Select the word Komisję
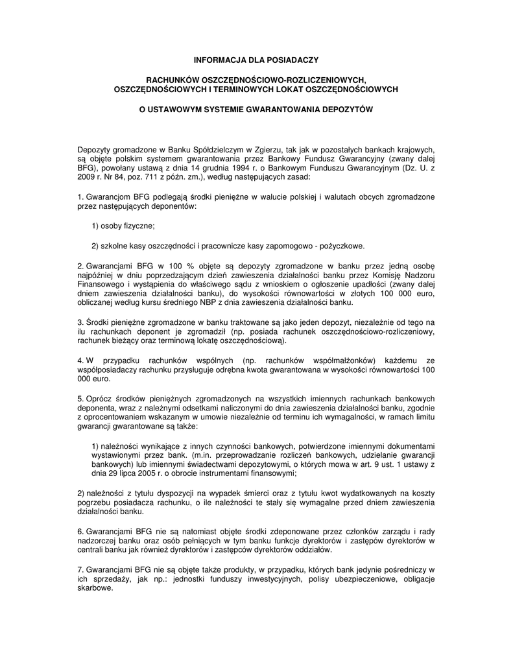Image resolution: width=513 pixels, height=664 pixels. [x=386, y=275]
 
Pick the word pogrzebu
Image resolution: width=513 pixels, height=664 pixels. [x=95, y=503]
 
